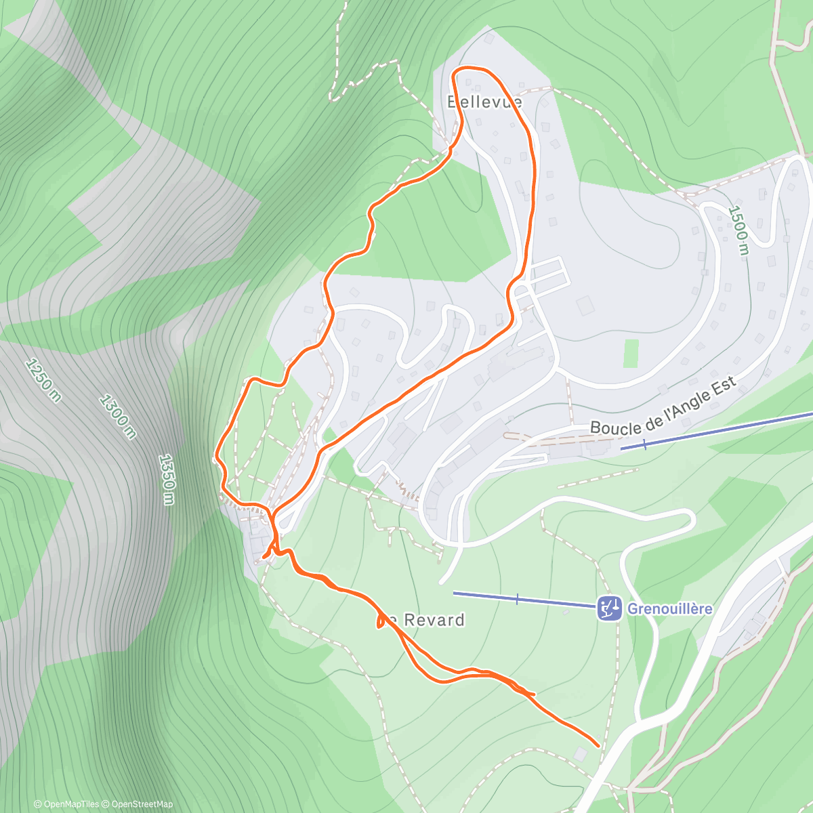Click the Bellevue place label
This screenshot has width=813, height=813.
click(x=484, y=102)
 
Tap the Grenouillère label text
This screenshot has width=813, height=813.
click(x=669, y=608)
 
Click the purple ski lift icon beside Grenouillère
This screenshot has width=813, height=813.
click(x=609, y=608)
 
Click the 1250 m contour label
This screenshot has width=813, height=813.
click(x=43, y=380)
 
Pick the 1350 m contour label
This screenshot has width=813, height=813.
click(x=166, y=479)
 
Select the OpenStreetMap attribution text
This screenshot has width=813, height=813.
click(x=142, y=804)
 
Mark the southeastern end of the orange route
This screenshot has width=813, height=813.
click(x=599, y=745)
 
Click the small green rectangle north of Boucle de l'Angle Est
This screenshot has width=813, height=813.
click(x=631, y=354)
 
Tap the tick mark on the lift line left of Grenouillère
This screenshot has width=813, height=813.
click(x=517, y=599)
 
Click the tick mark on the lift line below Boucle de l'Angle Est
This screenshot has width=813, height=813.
click(x=644, y=444)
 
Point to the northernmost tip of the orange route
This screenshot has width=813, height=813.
click(x=467, y=68)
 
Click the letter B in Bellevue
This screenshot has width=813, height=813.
click(x=453, y=102)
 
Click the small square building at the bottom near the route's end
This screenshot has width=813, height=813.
click(x=580, y=754)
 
